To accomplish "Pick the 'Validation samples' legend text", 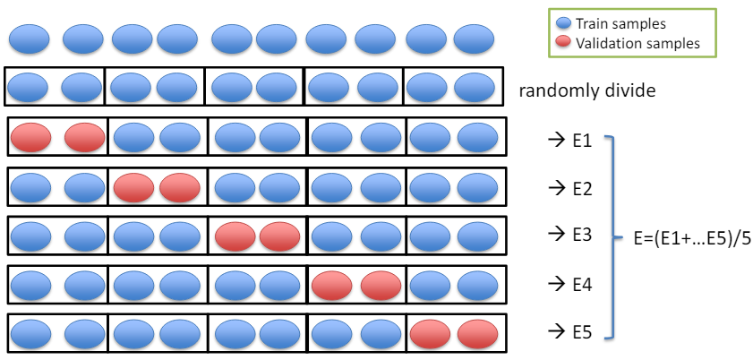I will click(637, 42).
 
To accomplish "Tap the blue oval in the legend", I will click(564, 24).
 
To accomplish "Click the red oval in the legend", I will click(564, 42).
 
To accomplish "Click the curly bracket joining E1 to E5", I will click(612, 236).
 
